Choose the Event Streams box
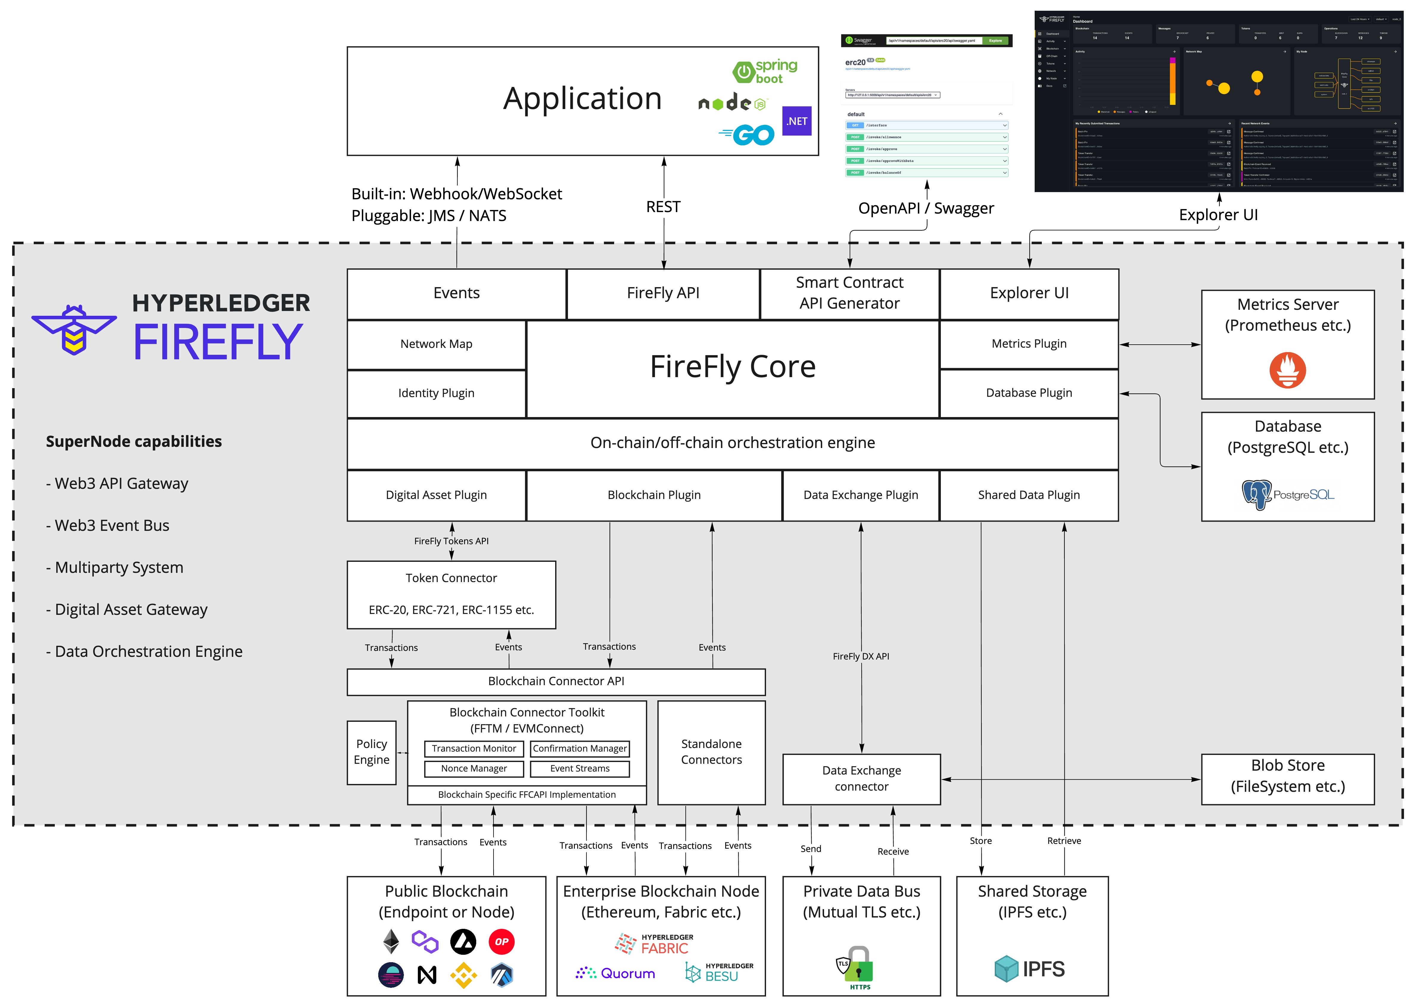pos(580,768)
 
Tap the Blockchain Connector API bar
pos(556,681)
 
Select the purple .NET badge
pos(796,121)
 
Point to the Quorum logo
pos(615,973)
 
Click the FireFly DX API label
pos(861,657)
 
